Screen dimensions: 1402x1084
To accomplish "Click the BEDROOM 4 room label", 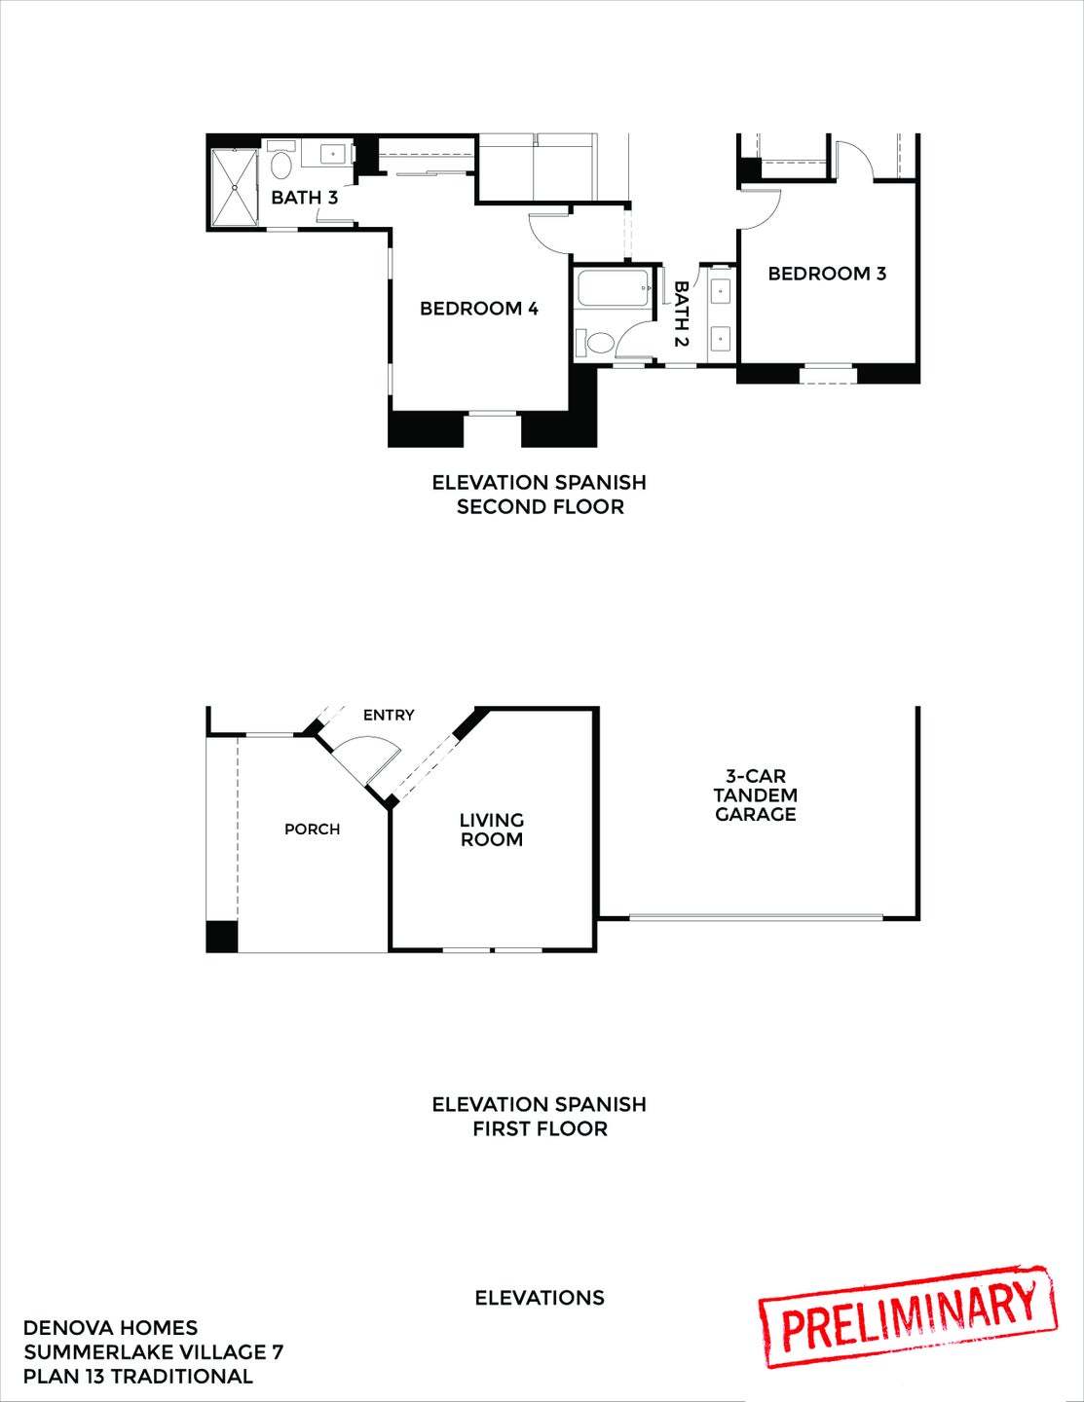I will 478,309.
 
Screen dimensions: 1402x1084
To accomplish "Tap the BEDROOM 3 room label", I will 827,274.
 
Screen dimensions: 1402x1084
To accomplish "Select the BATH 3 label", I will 304,198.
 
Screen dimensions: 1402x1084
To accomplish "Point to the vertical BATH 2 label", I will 681,314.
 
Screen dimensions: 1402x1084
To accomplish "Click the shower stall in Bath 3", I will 234,184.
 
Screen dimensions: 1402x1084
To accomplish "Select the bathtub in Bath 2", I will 614,289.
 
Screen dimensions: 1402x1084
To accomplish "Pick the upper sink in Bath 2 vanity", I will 721,290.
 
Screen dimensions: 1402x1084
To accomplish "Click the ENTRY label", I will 389,716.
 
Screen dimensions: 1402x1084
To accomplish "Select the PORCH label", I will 312,830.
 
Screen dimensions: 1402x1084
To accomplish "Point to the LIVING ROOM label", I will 492,830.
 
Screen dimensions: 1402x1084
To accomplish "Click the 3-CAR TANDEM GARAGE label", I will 756,795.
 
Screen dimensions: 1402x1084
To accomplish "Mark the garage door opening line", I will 756,916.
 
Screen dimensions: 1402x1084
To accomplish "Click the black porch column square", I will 222,936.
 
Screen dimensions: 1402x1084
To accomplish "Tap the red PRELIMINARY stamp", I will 908,1316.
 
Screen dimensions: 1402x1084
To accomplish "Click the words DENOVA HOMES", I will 110,1328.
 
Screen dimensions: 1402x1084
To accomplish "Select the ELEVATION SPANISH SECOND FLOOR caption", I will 540,495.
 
